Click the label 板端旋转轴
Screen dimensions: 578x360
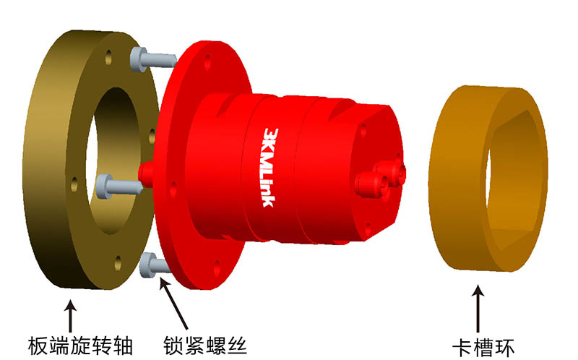click(x=80, y=346)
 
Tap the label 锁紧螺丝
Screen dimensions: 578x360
click(x=205, y=346)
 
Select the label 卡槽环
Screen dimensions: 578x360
click(x=483, y=348)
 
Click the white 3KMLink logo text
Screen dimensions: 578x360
click(x=270, y=168)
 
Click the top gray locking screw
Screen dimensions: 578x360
click(x=153, y=60)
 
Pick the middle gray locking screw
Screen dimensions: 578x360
click(x=118, y=187)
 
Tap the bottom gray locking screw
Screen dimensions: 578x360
click(x=154, y=265)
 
